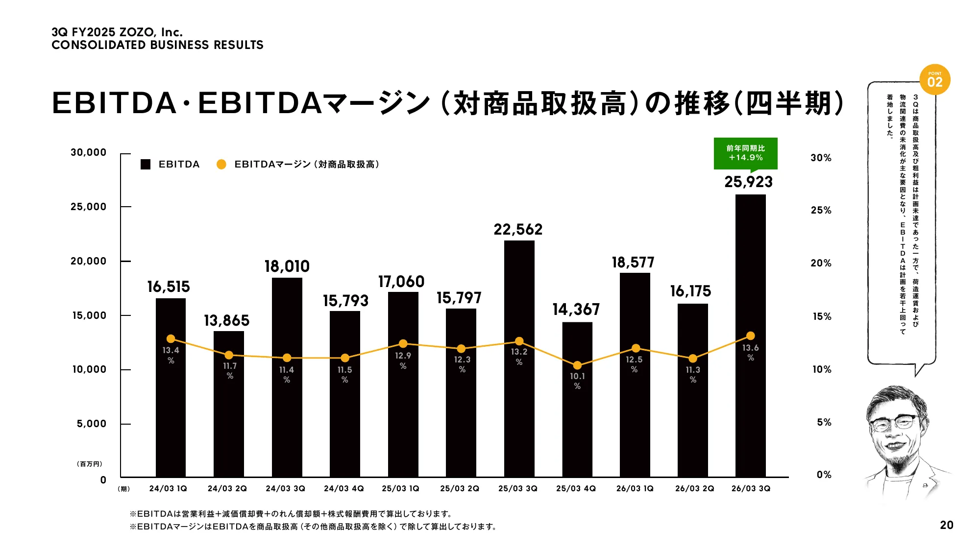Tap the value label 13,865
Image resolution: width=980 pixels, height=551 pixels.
(227, 321)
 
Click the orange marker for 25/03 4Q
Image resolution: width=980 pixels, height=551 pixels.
(577, 365)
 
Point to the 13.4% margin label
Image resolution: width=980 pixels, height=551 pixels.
(171, 355)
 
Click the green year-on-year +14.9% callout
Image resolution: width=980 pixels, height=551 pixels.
(745, 153)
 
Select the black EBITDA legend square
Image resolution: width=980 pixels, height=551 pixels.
(146, 165)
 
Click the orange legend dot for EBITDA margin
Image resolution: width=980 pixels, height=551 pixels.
(221, 165)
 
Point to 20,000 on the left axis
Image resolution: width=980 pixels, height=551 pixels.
(89, 261)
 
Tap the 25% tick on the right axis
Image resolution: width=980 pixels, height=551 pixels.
(821, 210)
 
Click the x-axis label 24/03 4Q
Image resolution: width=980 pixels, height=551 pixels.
(343, 488)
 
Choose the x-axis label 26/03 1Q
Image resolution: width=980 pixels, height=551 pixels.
(635, 488)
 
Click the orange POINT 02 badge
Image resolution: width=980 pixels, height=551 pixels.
(934, 80)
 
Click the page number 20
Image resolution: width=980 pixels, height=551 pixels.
(946, 525)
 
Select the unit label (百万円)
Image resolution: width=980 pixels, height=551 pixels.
(89, 464)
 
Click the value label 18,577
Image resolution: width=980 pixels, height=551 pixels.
(633, 263)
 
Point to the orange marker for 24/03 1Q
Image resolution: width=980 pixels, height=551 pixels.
(171, 338)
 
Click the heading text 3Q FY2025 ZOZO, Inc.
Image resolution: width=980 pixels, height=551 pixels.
(117, 32)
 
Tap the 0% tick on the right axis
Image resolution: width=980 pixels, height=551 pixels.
(824, 475)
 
